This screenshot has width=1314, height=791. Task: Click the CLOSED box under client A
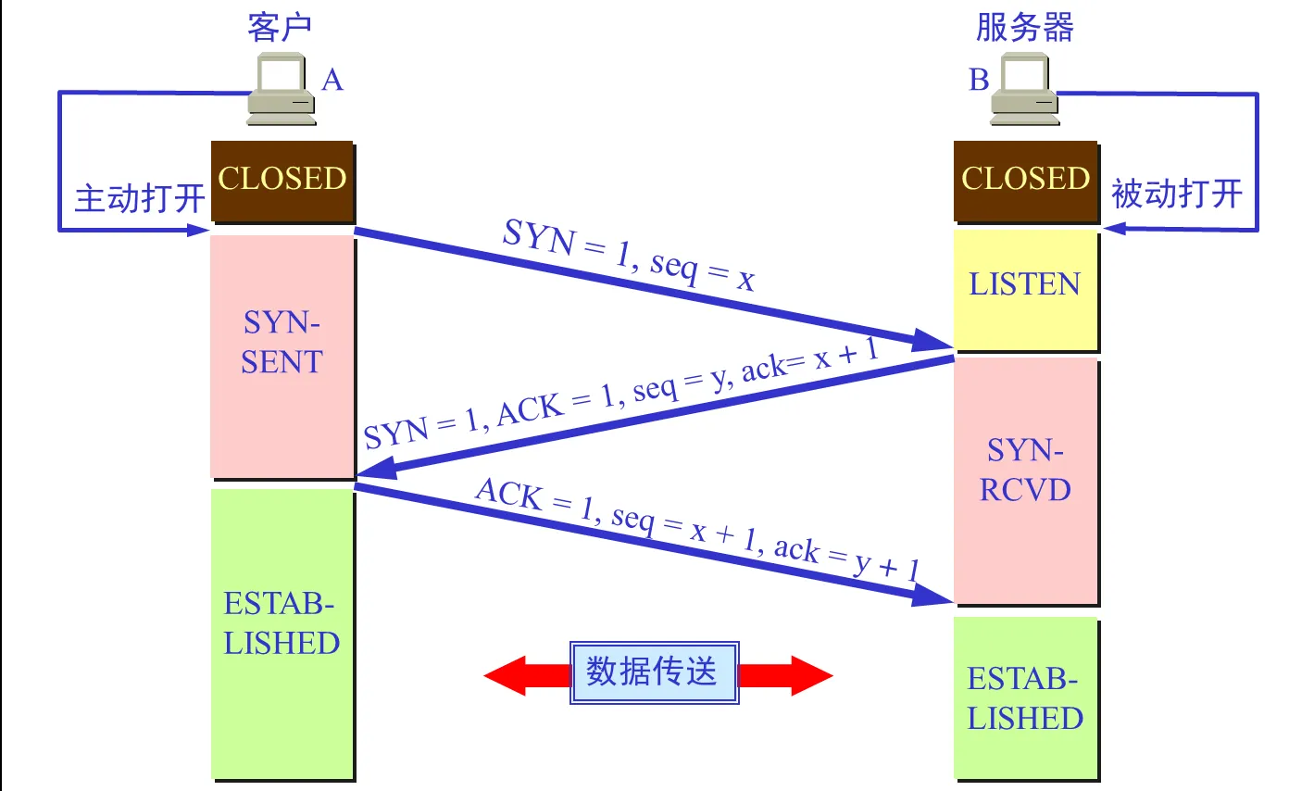pos(282,181)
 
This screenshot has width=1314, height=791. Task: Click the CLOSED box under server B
pos(1025,181)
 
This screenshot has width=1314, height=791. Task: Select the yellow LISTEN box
pos(1025,288)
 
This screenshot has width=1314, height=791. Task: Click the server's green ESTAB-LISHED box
pos(1025,698)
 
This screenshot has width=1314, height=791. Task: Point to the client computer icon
pos(281,89)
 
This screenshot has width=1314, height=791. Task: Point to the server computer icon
pos(1024,89)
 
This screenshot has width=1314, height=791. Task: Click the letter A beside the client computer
pos(332,81)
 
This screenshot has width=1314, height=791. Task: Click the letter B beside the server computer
pos(979,81)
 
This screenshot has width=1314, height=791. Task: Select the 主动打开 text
pos(139,198)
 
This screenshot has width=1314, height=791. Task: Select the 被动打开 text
pos(1176,195)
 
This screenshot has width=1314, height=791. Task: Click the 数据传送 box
pos(654,672)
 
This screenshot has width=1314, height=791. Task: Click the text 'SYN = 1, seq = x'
pos(628,254)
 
